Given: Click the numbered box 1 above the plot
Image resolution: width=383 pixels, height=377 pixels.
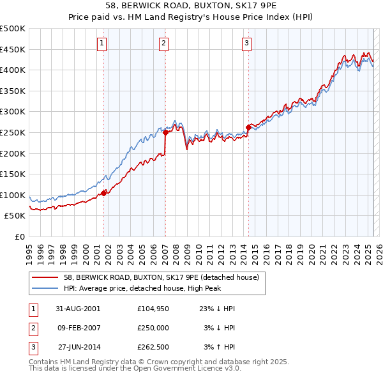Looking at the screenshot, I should [x=102, y=43].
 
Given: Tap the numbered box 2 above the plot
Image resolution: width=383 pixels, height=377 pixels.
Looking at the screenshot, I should [x=163, y=43].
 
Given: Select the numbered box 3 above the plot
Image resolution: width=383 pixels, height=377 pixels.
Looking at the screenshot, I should [x=246, y=43].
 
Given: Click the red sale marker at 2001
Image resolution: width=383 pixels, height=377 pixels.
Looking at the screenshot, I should [x=104, y=192].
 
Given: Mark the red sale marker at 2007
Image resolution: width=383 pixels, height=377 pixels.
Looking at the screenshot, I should [x=165, y=132].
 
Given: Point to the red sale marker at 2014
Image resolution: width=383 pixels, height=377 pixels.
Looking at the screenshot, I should [x=248, y=127].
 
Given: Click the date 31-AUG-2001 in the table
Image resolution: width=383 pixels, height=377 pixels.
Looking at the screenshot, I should [x=78, y=308].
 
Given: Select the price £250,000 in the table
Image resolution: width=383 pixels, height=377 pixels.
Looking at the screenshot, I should [x=153, y=328].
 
